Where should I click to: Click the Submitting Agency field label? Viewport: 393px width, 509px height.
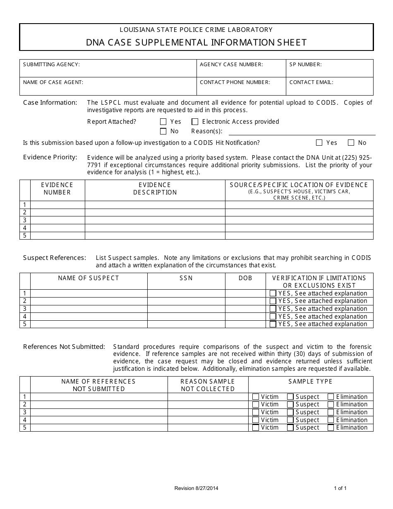click(51, 65)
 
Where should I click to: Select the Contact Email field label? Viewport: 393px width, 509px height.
click(311, 82)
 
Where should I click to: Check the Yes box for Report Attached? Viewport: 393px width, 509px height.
click(163, 122)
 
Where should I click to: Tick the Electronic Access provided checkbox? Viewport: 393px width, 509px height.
click(195, 122)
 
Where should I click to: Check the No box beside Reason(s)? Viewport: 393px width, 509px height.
click(163, 131)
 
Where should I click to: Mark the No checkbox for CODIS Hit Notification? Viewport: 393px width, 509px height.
click(351, 143)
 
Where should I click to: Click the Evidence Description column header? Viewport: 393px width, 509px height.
click(155, 189)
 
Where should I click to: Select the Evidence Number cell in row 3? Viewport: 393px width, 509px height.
click(58, 220)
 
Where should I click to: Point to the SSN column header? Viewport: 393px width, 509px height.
click(186, 278)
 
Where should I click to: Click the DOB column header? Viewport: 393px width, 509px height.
click(245, 278)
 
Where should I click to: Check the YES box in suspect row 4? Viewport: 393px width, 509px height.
click(273, 317)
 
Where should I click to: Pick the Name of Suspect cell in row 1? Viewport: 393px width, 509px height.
click(89, 293)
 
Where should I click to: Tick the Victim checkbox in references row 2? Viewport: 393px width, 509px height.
click(256, 404)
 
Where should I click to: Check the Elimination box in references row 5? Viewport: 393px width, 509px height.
click(331, 428)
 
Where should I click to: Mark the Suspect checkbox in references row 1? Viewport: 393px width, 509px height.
click(290, 397)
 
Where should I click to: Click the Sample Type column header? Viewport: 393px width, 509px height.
click(310, 382)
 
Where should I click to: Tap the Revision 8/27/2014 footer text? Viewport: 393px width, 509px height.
click(196, 488)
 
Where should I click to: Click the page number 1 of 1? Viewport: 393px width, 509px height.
click(340, 488)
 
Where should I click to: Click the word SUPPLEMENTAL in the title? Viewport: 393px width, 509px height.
click(173, 42)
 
